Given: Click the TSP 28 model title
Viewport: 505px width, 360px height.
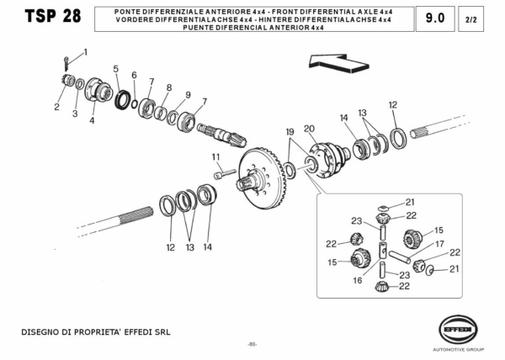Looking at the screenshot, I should click(52, 19).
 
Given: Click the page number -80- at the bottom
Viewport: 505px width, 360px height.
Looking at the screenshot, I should click(252, 345).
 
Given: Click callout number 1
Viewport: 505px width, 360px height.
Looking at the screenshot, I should click(84, 52).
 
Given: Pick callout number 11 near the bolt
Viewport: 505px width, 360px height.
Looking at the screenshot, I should click(215, 157).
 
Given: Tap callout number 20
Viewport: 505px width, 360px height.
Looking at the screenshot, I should click(310, 129).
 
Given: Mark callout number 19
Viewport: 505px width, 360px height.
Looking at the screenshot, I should click(289, 132).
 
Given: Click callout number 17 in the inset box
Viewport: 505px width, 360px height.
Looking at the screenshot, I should click(439, 245).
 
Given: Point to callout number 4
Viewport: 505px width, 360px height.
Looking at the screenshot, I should click(92, 120).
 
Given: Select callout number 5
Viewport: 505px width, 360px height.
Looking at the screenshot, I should click(116, 69).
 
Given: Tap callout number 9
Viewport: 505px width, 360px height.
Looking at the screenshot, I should click(188, 94).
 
